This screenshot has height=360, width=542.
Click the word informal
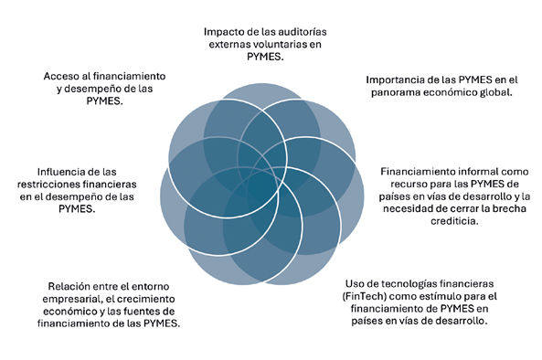(464, 170)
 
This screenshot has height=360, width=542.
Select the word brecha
(484, 208)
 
